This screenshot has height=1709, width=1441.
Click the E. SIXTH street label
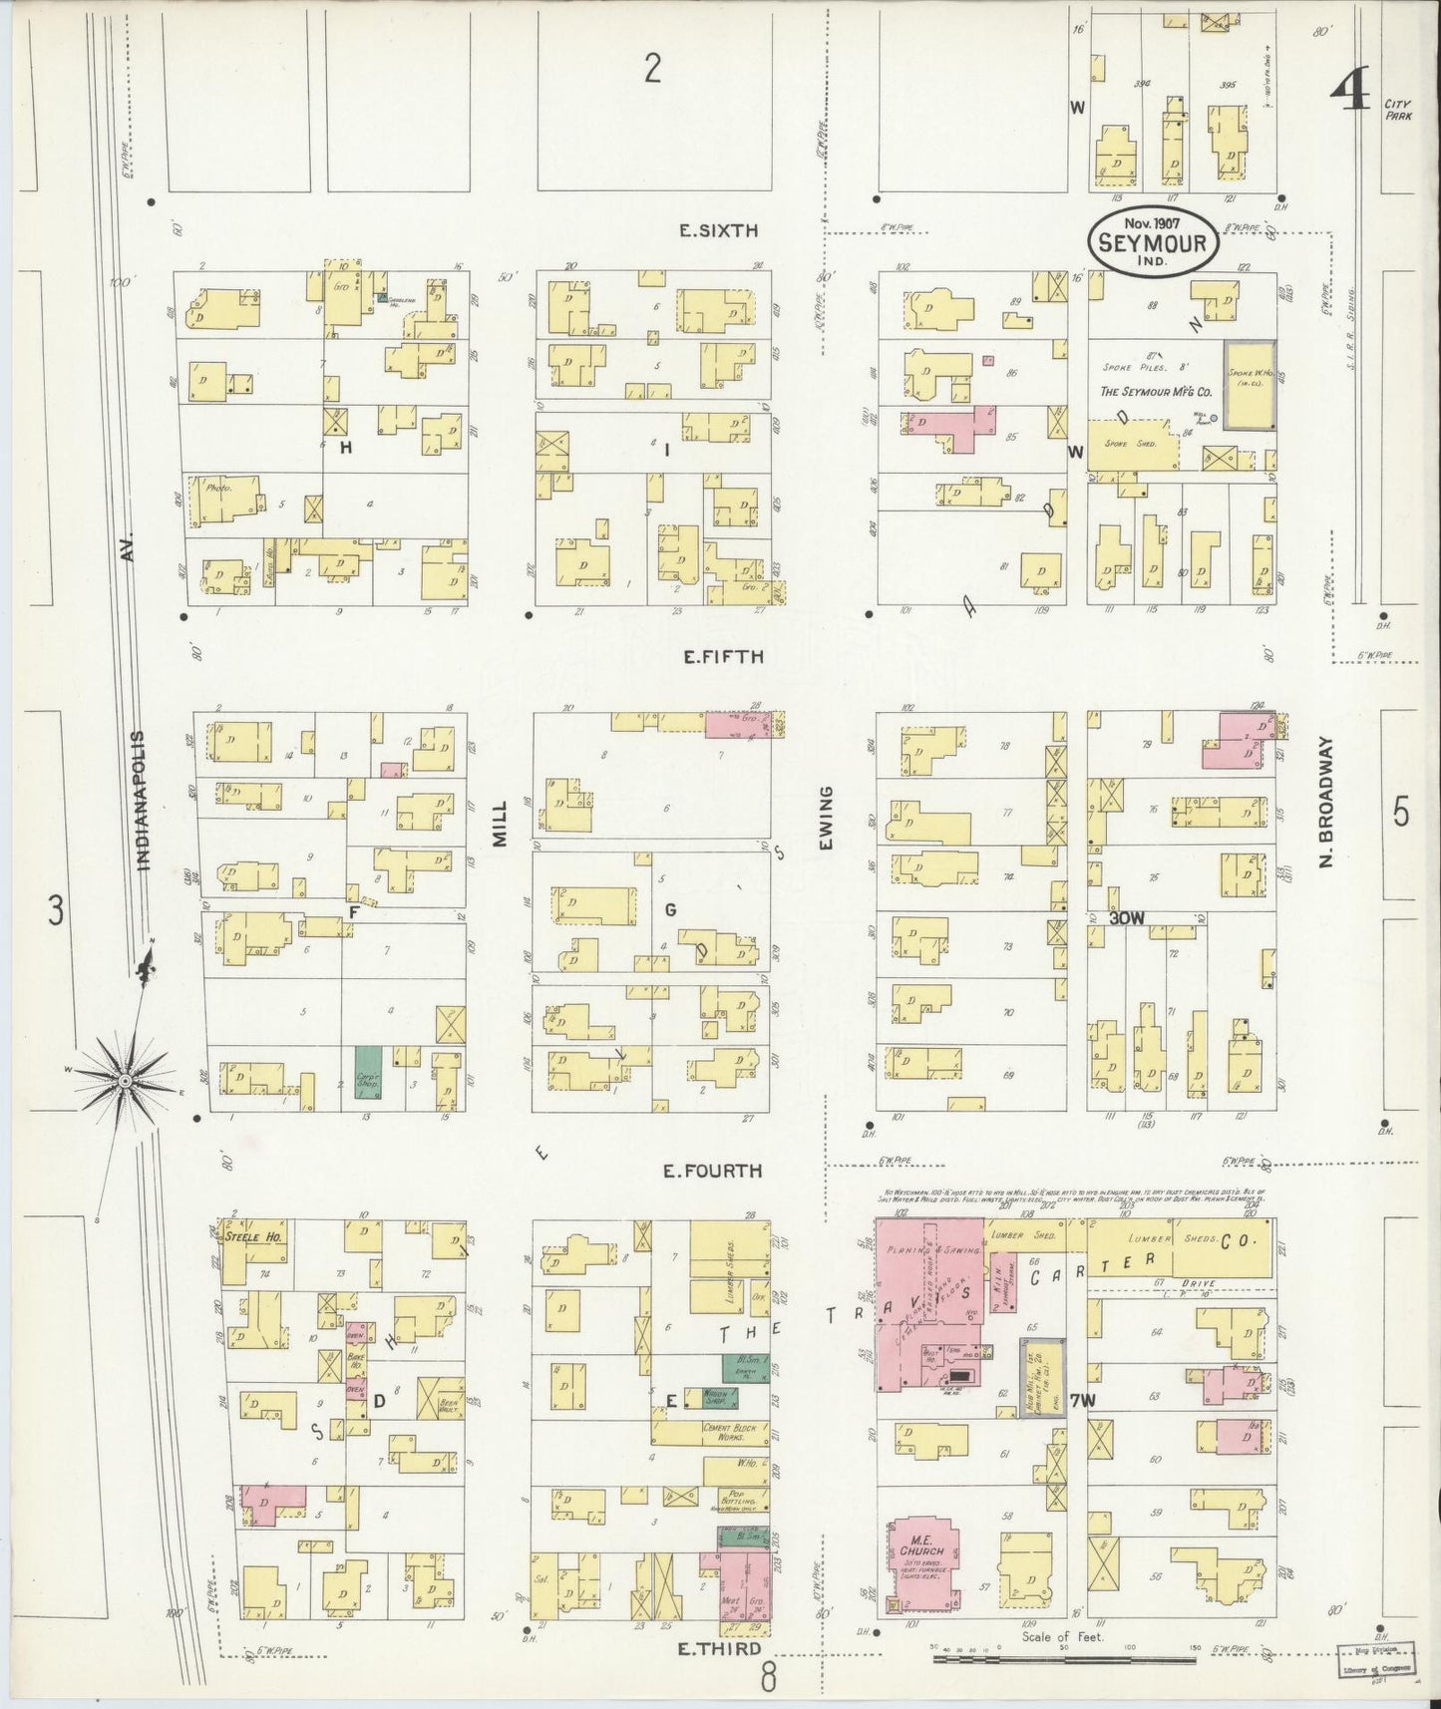pos(718,230)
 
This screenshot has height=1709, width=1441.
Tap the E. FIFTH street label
pos(722,657)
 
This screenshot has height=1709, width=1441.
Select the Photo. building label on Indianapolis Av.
pos(218,489)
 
